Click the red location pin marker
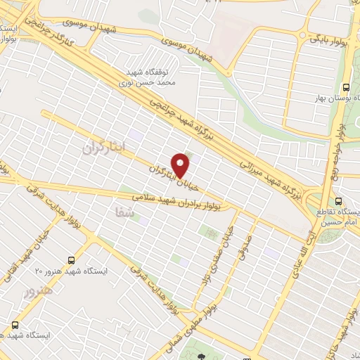click(x=182, y=165)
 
